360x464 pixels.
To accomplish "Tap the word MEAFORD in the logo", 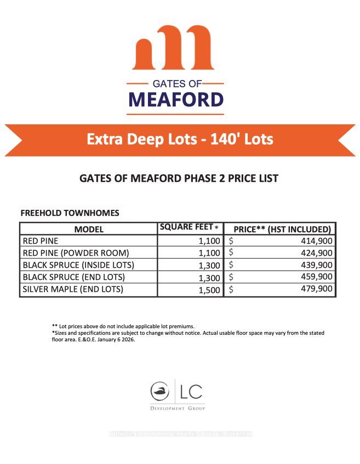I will pyautogui.click(x=176, y=100).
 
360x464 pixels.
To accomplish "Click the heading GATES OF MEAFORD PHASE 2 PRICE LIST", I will pyautogui.click(x=179, y=179).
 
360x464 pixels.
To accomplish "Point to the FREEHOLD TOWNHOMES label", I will pyautogui.click(x=70, y=213).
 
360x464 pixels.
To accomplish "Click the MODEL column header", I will pyautogui.click(x=89, y=229).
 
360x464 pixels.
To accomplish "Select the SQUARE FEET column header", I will pyautogui.click(x=188, y=227).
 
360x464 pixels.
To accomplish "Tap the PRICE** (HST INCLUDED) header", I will pyautogui.click(x=282, y=229).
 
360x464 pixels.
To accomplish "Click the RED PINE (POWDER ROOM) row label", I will pyautogui.click(x=76, y=253).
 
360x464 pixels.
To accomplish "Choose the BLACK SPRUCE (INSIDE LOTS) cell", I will pyautogui.click(x=78, y=265).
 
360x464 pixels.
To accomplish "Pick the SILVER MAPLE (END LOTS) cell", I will pyautogui.click(x=73, y=289).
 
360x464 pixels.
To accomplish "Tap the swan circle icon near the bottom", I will pyautogui.click(x=160, y=391).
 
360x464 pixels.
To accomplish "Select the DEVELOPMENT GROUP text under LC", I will pyautogui.click(x=178, y=409).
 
